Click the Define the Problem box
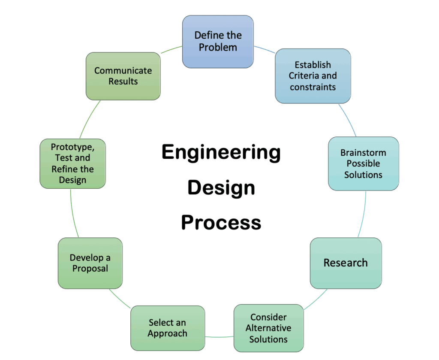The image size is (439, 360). (218, 42)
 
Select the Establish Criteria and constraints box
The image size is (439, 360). (313, 76)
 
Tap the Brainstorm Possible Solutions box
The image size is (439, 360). (363, 163)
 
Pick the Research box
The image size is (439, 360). (346, 263)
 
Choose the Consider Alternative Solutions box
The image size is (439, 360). (268, 328)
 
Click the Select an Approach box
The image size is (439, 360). (168, 328)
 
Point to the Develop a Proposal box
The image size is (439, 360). (90, 263)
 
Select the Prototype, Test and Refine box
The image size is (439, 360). (72, 163)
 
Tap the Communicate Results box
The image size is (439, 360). (123, 76)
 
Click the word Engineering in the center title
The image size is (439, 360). (221, 153)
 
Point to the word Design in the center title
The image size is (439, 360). (221, 188)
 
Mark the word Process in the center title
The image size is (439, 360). (221, 223)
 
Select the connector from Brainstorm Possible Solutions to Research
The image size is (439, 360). (363, 215)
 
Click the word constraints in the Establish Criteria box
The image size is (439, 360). (313, 87)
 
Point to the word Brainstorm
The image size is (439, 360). (363, 153)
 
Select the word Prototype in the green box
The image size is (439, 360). (72, 147)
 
